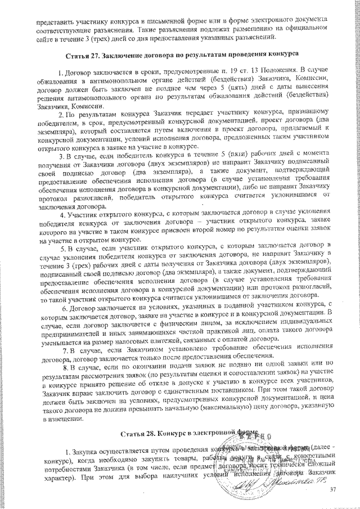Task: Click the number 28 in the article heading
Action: click(148, 434)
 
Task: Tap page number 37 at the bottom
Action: click(332, 490)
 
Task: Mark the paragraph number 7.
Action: click(66, 351)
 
